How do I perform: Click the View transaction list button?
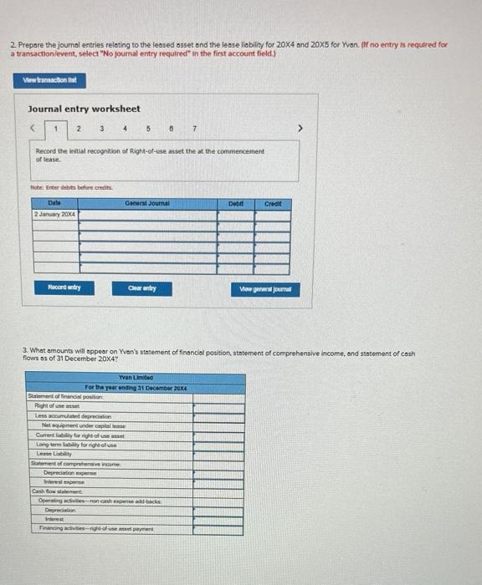pyautogui.click(x=50, y=80)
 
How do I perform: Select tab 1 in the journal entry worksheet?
pyautogui.click(x=56, y=129)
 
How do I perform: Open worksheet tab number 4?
pyautogui.click(x=124, y=129)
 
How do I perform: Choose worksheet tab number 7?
pyautogui.click(x=193, y=129)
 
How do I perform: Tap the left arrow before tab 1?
pyautogui.click(x=33, y=130)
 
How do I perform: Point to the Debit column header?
pyautogui.click(x=236, y=203)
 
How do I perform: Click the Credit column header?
pyautogui.click(x=273, y=203)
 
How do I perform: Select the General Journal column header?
pyautogui.click(x=147, y=203)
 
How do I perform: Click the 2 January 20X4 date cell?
pyautogui.click(x=55, y=215)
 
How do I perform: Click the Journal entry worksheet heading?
pyautogui.click(x=84, y=109)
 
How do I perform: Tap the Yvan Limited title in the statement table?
pyautogui.click(x=136, y=378)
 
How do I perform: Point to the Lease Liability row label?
pyautogui.click(x=55, y=454)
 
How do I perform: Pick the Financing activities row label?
pyautogui.click(x=95, y=528)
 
